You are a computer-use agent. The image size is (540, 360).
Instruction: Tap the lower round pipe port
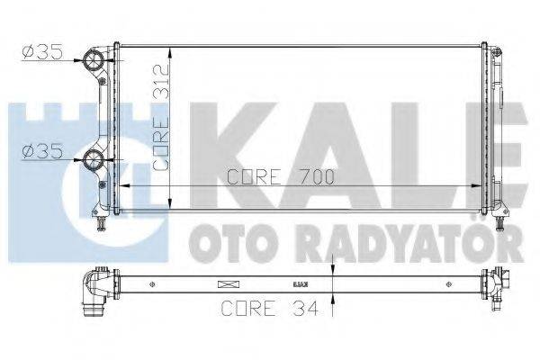point(94,162)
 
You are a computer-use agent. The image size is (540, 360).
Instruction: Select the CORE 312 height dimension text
point(162,117)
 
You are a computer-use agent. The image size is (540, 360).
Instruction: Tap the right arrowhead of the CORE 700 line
point(478,186)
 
